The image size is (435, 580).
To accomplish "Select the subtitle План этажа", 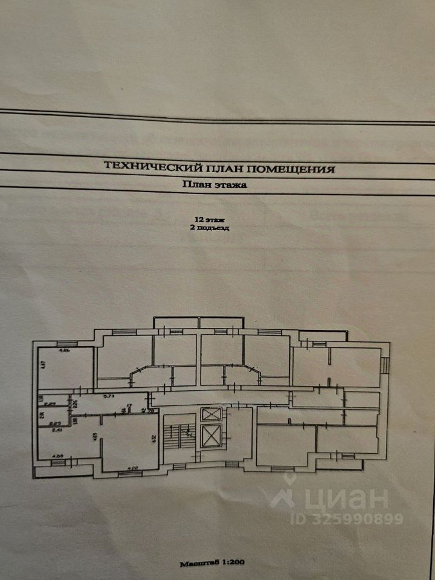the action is click(214, 186).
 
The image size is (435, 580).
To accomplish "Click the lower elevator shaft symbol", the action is click(213, 436).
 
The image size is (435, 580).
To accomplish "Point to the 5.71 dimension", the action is click(109, 397).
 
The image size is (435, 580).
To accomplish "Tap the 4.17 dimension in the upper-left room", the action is click(43, 364).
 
